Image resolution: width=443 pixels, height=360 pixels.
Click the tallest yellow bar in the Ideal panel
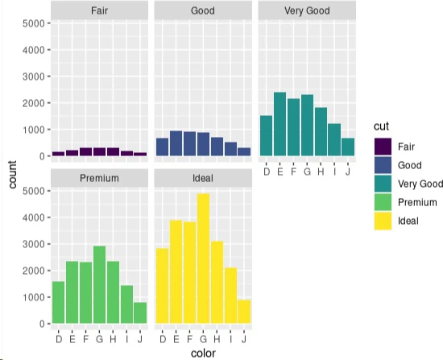click(203, 259)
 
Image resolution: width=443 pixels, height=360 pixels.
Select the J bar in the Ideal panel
click(244, 312)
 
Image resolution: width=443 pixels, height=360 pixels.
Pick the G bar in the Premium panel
click(99, 284)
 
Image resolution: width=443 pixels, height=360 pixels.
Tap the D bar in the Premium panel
click(59, 302)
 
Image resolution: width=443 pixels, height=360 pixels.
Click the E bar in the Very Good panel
click(279, 124)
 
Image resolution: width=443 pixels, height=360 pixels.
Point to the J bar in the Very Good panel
click(348, 147)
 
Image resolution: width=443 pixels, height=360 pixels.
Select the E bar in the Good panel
click(176, 143)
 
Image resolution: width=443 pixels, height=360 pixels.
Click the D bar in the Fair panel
click(59, 154)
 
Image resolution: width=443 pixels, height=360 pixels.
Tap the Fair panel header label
click(99, 10)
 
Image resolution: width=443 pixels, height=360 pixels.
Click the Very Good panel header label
click(307, 10)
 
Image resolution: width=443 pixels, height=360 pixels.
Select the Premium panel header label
click(99, 178)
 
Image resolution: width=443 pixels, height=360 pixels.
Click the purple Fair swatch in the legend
click(383, 147)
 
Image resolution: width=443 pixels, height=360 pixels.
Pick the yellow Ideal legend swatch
click(383, 221)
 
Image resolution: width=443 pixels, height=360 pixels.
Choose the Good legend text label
click(410, 165)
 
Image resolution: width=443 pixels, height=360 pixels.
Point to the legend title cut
click(382, 126)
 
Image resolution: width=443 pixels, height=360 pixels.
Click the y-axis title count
click(12, 174)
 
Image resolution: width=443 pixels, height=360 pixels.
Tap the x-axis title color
click(203, 354)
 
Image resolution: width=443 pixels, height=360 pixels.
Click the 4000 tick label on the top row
click(34, 50)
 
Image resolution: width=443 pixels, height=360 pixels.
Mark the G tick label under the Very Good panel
click(307, 172)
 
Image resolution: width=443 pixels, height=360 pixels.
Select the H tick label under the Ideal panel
click(217, 339)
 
